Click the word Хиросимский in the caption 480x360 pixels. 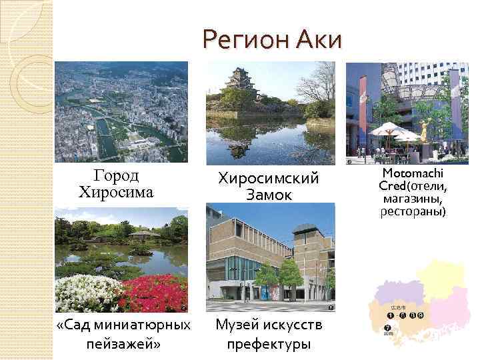point(270,179)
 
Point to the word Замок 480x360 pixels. point(270,196)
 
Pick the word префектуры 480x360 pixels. point(270,345)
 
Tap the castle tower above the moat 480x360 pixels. point(238,80)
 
